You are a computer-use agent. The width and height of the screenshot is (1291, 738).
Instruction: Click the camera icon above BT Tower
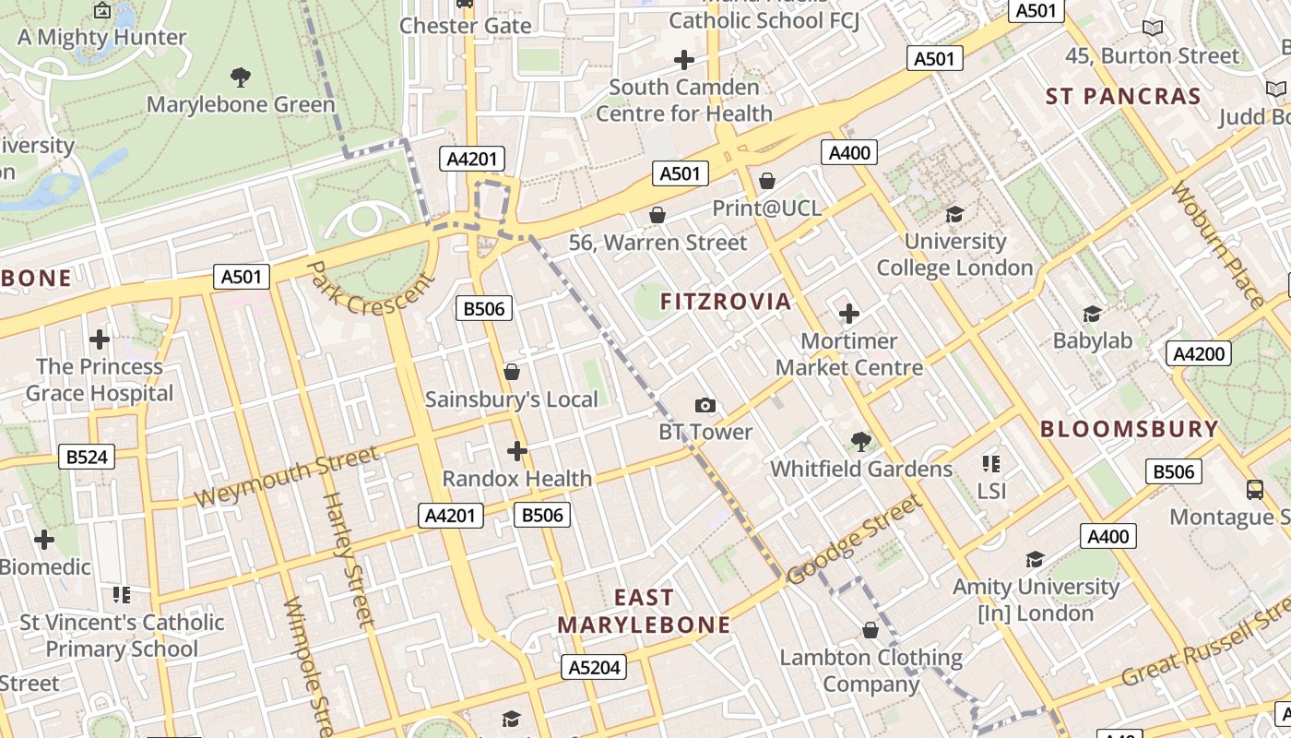(x=705, y=405)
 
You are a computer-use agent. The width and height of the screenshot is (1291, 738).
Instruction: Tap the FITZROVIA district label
(x=726, y=302)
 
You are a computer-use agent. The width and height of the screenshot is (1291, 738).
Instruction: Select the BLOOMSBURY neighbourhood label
(x=1130, y=429)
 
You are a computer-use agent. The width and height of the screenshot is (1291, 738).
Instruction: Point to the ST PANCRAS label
(x=1124, y=97)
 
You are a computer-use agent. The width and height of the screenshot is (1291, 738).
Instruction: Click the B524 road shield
(x=88, y=456)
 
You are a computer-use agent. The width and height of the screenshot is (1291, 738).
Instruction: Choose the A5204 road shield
(x=593, y=667)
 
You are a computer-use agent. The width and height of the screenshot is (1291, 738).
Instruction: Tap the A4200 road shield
(x=1199, y=353)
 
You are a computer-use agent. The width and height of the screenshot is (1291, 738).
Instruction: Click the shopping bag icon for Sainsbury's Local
(x=512, y=372)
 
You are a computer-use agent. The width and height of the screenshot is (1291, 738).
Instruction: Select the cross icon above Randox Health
(x=517, y=451)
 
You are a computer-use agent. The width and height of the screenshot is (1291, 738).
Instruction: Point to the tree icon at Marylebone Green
(x=241, y=77)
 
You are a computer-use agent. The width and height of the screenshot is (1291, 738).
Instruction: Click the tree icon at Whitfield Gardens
(x=861, y=442)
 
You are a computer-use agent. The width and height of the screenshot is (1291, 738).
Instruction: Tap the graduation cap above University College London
(x=954, y=214)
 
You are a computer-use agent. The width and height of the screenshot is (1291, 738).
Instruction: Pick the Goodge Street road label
(x=854, y=540)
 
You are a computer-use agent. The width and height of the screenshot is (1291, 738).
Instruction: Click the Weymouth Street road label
(x=286, y=476)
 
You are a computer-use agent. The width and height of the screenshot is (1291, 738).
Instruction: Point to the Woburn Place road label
(x=1218, y=244)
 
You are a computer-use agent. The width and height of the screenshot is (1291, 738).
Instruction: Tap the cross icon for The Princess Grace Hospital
(x=100, y=339)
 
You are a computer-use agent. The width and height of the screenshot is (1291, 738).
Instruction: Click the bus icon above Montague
(x=1255, y=489)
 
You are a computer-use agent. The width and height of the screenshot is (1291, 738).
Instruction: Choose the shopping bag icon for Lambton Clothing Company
(x=870, y=630)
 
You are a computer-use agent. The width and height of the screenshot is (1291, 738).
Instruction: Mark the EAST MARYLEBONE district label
(x=644, y=612)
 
